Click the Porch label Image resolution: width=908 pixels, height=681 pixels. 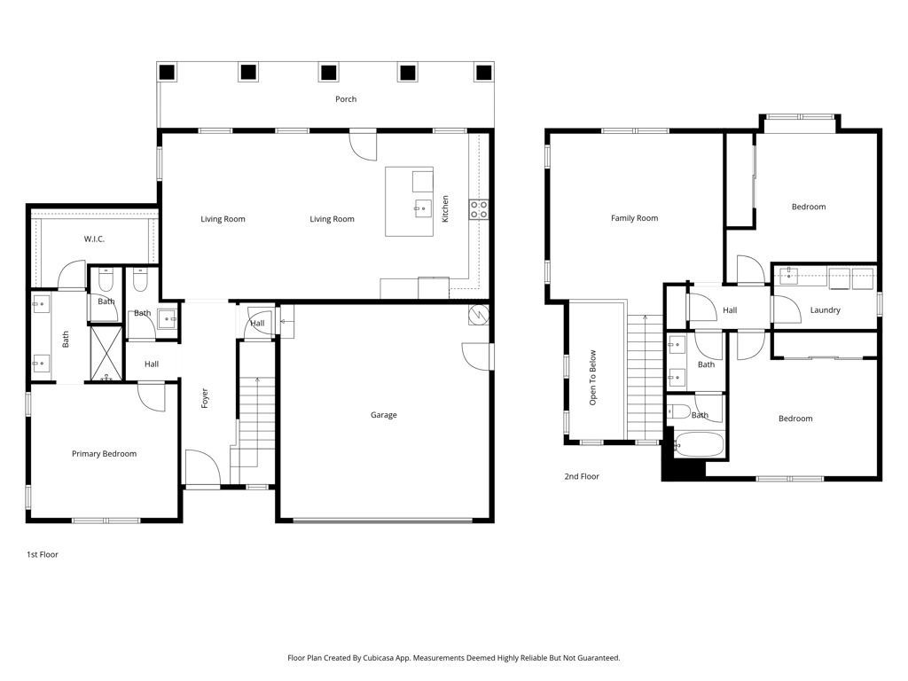tap(346, 99)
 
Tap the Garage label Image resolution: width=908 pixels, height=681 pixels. tap(383, 415)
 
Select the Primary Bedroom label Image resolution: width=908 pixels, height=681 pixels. tap(105, 453)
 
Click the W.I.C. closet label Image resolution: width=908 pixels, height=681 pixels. tap(94, 239)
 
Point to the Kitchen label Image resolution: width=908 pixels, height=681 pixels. tap(445, 208)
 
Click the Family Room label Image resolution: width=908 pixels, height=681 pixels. tap(634, 218)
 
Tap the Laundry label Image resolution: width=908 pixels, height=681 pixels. tap(825, 309)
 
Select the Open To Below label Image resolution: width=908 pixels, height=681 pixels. tap(592, 378)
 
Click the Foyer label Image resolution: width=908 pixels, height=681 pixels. tap(205, 398)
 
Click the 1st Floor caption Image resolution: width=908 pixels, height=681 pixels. tap(43, 554)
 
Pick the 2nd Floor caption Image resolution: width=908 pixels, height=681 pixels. tap(582, 476)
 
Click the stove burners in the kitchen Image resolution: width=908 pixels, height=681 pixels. tap(479, 209)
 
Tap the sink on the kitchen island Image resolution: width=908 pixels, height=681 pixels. tap(423, 207)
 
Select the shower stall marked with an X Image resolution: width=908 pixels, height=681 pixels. tap(106, 354)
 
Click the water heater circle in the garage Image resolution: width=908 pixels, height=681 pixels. tap(479, 315)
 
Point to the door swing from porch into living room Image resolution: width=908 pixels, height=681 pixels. tap(364, 146)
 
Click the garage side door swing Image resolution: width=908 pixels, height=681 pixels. tap(476, 356)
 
